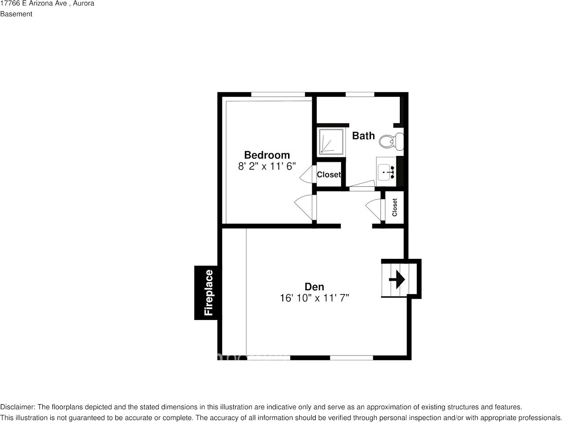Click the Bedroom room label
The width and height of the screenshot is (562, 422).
click(x=267, y=155)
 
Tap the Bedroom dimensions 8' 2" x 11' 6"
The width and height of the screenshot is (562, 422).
click(x=267, y=166)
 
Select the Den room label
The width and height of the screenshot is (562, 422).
click(x=314, y=287)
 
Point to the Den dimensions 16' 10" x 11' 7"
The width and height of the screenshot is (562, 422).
click(x=314, y=298)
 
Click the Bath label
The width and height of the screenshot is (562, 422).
click(x=363, y=136)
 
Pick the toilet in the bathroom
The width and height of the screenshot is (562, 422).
click(x=391, y=141)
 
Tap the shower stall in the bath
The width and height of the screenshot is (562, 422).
click(x=331, y=142)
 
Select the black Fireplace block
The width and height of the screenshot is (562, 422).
click(x=206, y=293)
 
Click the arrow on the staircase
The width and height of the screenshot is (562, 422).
click(x=397, y=279)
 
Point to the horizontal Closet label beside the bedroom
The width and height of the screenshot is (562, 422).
click(x=329, y=175)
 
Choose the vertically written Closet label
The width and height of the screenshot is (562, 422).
click(x=395, y=207)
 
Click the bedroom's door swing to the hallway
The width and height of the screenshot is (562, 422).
click(x=305, y=207)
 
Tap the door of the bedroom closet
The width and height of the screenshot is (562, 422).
click(x=308, y=174)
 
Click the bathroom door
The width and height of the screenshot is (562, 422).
click(x=362, y=185)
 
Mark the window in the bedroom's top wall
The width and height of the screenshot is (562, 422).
click(x=278, y=94)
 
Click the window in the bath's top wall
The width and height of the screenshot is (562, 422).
click(x=360, y=94)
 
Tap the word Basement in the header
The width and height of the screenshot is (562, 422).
click(x=16, y=14)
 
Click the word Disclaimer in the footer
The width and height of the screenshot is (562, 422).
click(x=17, y=407)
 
